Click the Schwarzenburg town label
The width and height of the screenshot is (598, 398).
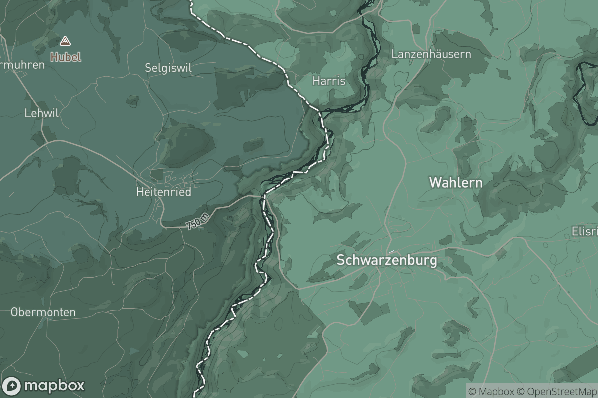(x=387, y=260)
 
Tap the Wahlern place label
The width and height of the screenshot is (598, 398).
(x=455, y=183)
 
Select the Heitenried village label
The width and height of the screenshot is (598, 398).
(x=163, y=192)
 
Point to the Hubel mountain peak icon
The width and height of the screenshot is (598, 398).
(x=65, y=41)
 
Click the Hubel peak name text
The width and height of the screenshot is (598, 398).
(x=65, y=57)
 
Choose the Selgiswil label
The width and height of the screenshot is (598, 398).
(x=168, y=67)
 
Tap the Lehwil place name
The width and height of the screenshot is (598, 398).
(x=42, y=113)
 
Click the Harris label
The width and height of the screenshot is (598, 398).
(x=329, y=81)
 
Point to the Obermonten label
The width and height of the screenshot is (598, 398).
(x=43, y=312)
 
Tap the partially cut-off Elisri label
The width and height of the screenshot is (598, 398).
(x=584, y=232)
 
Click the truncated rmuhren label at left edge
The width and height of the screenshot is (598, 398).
(x=22, y=65)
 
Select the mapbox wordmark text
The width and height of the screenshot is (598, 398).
(x=54, y=386)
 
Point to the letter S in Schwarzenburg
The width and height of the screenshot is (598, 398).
(x=341, y=260)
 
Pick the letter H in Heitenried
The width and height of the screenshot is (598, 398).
(x=139, y=192)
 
